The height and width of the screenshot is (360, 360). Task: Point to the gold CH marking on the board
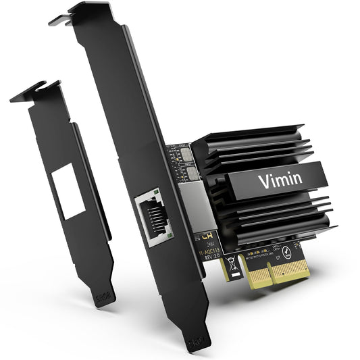coord(205,238)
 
